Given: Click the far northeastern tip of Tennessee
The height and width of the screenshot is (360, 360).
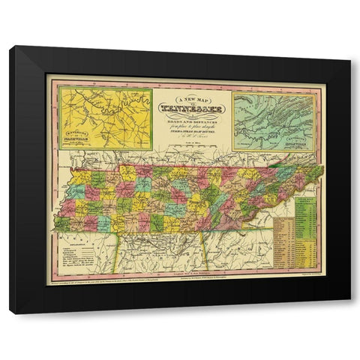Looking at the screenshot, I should point(322,168).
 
